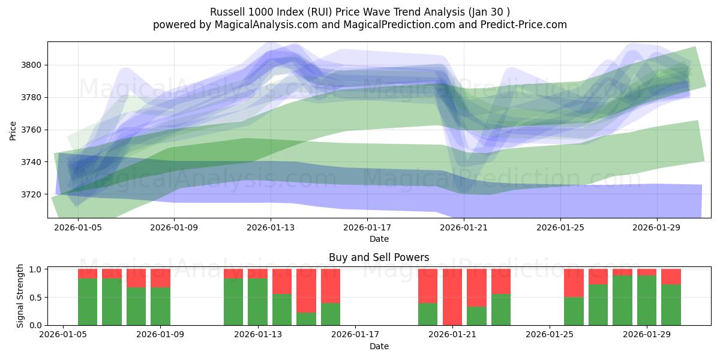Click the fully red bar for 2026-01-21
tap(452, 297)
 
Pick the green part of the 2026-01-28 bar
tap(622, 300)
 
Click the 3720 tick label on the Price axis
tap(33, 194)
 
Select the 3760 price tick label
tap(33, 130)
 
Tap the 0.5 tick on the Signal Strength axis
tap(34, 297)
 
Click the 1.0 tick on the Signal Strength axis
tap(34, 269)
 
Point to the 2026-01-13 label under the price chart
tap(271, 228)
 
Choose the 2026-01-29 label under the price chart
tap(656, 228)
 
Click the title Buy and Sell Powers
tap(379, 257)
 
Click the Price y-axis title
tap(13, 130)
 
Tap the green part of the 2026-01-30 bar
tap(671, 305)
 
